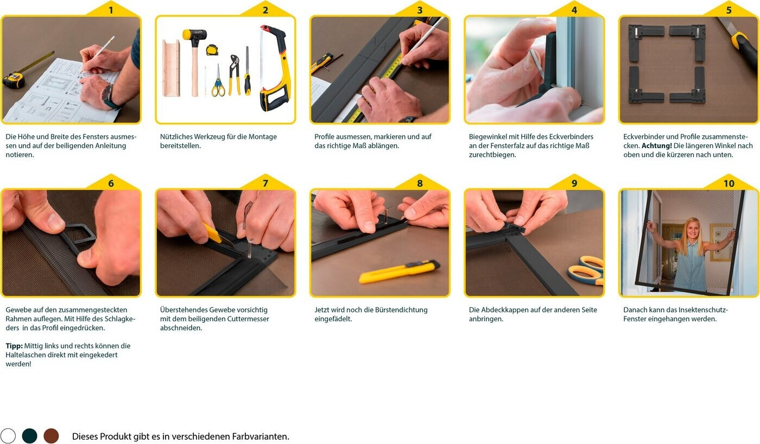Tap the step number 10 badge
[729, 183]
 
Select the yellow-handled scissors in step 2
[218, 81]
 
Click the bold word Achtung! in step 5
[656, 146]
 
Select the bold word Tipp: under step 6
[14, 346]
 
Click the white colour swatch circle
[8, 436]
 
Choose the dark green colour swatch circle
[29, 436]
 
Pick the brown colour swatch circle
[51, 436]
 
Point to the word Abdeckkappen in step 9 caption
[504, 310]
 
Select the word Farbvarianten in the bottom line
[260, 436]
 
